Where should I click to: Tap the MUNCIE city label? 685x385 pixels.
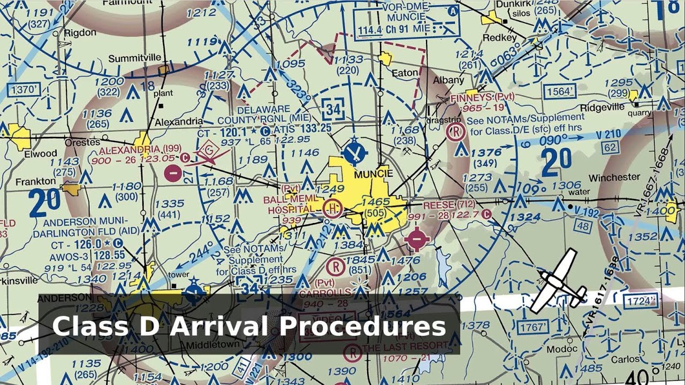(374, 174)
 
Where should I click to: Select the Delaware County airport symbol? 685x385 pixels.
(354, 151)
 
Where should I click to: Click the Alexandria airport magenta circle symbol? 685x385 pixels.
(172, 172)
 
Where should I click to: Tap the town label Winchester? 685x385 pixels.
(614, 177)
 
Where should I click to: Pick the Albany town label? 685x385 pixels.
(448, 80)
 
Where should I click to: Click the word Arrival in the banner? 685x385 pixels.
(215, 326)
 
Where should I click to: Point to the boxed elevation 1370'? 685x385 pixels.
(27, 89)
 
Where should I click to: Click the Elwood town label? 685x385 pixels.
(40, 154)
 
